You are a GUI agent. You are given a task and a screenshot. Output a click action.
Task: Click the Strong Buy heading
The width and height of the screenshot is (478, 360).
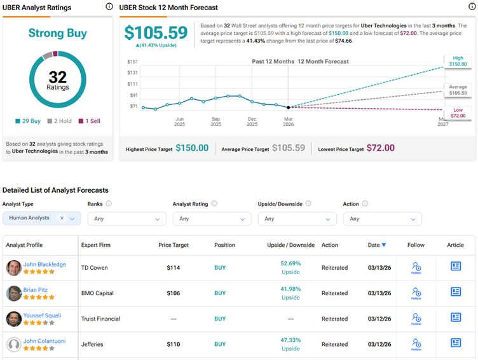click(x=58, y=33)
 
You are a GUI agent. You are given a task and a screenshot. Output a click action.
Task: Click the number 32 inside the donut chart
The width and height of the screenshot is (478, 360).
click(x=58, y=77)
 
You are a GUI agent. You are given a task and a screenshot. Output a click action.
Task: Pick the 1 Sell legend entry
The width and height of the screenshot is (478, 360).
click(x=89, y=121)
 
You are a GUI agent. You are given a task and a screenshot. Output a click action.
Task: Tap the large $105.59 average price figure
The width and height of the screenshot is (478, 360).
click(x=156, y=33)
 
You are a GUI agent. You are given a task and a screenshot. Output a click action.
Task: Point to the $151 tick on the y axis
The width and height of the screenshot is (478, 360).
click(x=132, y=62)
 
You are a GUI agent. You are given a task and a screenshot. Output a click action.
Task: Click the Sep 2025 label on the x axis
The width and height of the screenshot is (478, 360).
click(x=215, y=121)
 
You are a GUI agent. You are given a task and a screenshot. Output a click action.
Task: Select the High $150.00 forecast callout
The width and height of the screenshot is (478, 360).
click(x=458, y=61)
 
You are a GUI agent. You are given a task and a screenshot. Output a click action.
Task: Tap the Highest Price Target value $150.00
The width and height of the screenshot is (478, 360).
click(x=191, y=148)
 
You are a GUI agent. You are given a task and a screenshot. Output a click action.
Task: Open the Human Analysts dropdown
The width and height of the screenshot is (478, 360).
click(x=42, y=218)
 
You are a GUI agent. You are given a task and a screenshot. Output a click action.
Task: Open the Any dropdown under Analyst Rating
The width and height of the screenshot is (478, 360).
click(x=212, y=219)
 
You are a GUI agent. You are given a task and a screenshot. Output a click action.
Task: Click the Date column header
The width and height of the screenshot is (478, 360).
click(x=376, y=245)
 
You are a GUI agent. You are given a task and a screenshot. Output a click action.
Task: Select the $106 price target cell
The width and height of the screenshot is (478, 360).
click(x=173, y=293)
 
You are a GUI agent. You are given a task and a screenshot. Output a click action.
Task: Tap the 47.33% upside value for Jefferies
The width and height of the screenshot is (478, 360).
click(x=290, y=340)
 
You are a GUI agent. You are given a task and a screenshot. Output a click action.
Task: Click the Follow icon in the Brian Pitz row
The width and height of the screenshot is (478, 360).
click(x=416, y=293)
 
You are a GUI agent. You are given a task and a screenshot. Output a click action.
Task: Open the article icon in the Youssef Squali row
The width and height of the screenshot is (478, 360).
click(x=456, y=317)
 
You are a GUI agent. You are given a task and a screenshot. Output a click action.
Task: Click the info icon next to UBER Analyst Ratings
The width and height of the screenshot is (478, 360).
click(x=109, y=7)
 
